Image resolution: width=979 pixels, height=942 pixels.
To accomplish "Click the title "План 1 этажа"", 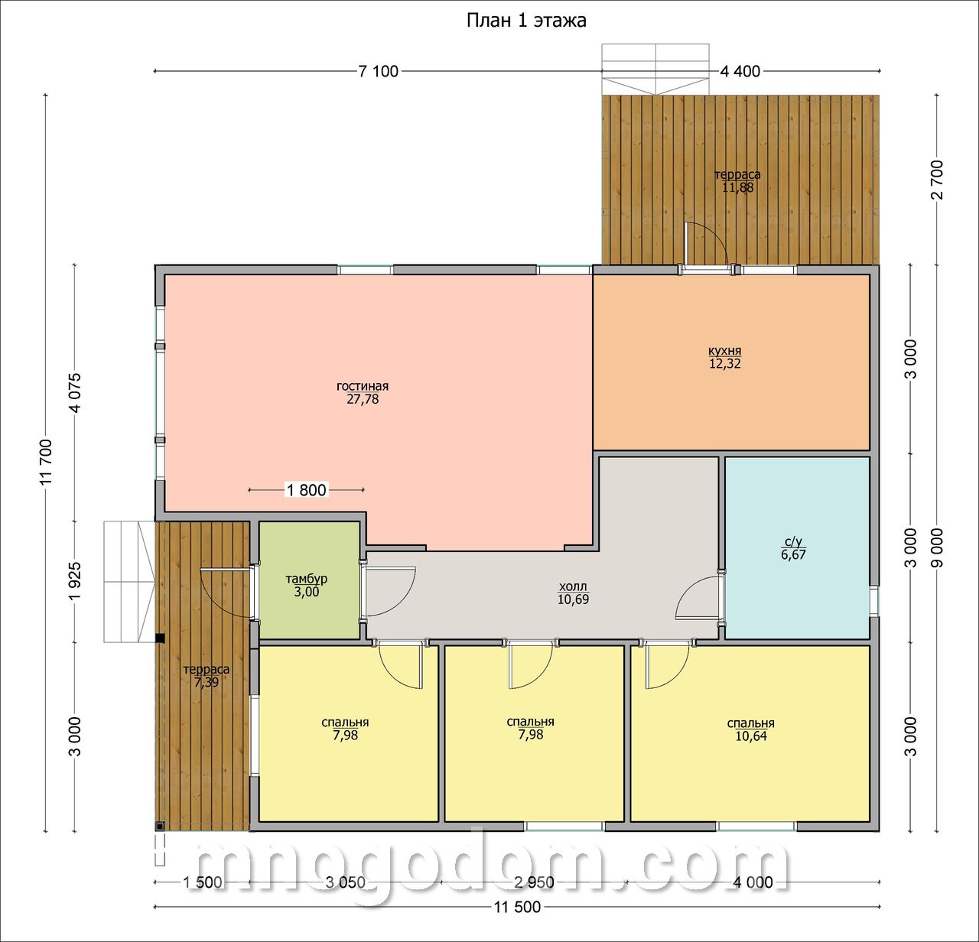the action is tap(526, 21).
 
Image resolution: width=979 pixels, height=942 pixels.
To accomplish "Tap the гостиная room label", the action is tap(363, 386).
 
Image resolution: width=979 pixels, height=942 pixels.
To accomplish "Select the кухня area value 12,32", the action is tap(725, 363).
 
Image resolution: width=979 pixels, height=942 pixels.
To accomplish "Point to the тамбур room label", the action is tap(307, 578).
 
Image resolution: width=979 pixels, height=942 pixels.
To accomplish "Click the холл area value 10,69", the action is tap(573, 599).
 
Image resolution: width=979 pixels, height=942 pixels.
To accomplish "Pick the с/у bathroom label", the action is tap(793, 541).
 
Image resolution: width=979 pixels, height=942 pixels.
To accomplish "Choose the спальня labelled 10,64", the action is tap(750, 723).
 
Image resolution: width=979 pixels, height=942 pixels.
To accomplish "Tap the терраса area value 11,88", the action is tap(737, 187).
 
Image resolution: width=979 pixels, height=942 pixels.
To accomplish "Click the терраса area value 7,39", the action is tap(207, 682).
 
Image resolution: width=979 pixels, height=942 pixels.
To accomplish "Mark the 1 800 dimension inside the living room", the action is tap(307, 489).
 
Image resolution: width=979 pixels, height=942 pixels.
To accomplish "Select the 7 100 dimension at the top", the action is tap(379, 71).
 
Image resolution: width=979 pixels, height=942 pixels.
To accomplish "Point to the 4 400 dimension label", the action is tap(740, 71).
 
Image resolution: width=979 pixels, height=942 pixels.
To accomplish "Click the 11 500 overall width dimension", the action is tap(517, 907).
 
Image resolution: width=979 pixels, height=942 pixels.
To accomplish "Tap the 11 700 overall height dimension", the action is tap(47, 461).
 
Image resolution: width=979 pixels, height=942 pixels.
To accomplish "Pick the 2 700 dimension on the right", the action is tap(937, 180).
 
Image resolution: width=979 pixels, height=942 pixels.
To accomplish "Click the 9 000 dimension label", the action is tap(937, 547).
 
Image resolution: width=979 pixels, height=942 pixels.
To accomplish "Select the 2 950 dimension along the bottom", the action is tap(534, 882).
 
